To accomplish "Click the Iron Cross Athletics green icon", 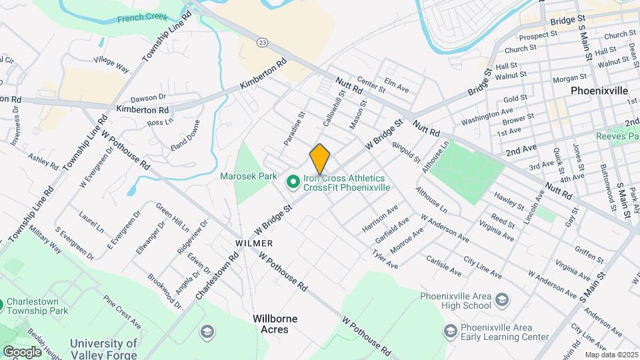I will pos(292,181).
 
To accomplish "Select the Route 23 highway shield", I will pos(263,42).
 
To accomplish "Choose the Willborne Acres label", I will pos(275,324).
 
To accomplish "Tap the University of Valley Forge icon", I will pos(207,331).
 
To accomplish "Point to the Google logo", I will pos(22,351).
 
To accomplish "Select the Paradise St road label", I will pos(294,128).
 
